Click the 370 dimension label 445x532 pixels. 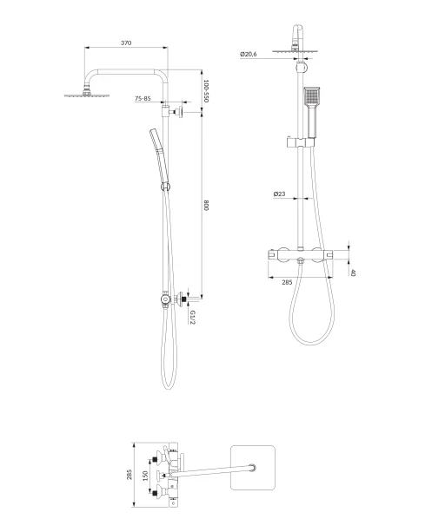pos(126,43)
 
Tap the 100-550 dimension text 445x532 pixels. pos(206,91)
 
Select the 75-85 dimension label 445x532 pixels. pos(143,98)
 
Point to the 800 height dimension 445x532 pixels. pos(206,206)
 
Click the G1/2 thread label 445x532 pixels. pos(193,317)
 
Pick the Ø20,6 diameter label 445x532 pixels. pos(249,54)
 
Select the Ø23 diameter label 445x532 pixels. pos(279,194)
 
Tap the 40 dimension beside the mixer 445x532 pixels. pos(353,273)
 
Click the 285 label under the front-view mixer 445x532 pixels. pos(287,282)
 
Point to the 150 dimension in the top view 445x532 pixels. pos(145,476)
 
